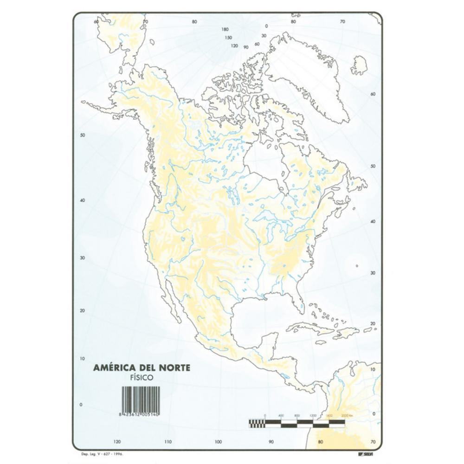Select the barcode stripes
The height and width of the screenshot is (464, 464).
[140, 397]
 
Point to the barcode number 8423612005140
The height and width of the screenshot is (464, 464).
[141, 412]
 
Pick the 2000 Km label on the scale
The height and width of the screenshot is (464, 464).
[348, 415]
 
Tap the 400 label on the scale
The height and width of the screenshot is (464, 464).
[281, 415]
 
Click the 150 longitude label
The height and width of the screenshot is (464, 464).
[228, 38]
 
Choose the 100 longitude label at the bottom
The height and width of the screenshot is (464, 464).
[218, 441]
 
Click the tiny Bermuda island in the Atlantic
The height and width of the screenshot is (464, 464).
[356, 266]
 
